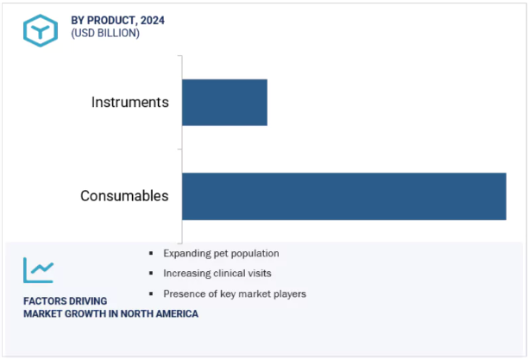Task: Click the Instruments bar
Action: pos(224,103)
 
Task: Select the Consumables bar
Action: pos(344,196)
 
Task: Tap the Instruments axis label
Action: pos(130,102)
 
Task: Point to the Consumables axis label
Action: pos(124,196)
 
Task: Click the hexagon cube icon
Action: pos(41,31)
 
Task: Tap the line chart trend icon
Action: pos(39,270)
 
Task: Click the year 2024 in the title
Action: pos(153,21)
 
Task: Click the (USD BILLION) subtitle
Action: pos(105,33)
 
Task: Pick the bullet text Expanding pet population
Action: pos(221,254)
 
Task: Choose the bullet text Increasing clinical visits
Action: pos(217,273)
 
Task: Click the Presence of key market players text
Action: pos(235,294)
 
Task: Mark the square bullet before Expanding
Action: pos(151,254)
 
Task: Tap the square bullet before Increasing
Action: pos(151,273)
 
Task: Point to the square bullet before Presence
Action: pos(151,294)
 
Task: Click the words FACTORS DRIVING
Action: pos(65,301)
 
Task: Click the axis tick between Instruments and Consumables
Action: pos(179,149)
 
